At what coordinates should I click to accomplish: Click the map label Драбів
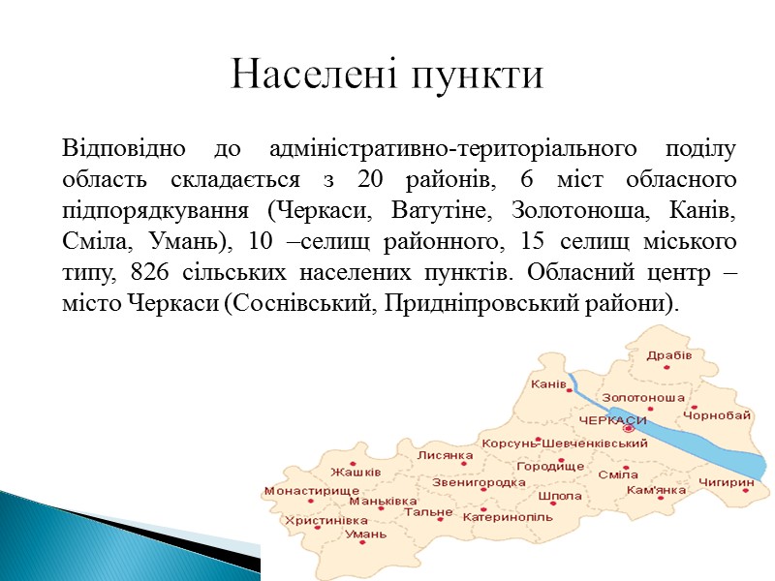pos(670,355)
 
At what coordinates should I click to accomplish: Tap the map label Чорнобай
pos(717,414)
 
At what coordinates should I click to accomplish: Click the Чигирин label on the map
pos(726,481)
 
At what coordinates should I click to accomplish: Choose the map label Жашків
pos(355,473)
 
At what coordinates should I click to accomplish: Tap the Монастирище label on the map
pos(311,491)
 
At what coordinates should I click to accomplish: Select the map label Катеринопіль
pos(508,517)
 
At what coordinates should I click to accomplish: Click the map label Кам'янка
pos(657,491)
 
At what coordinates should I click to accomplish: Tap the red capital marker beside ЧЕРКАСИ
pos(630,427)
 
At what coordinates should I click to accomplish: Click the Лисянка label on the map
pos(445,455)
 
